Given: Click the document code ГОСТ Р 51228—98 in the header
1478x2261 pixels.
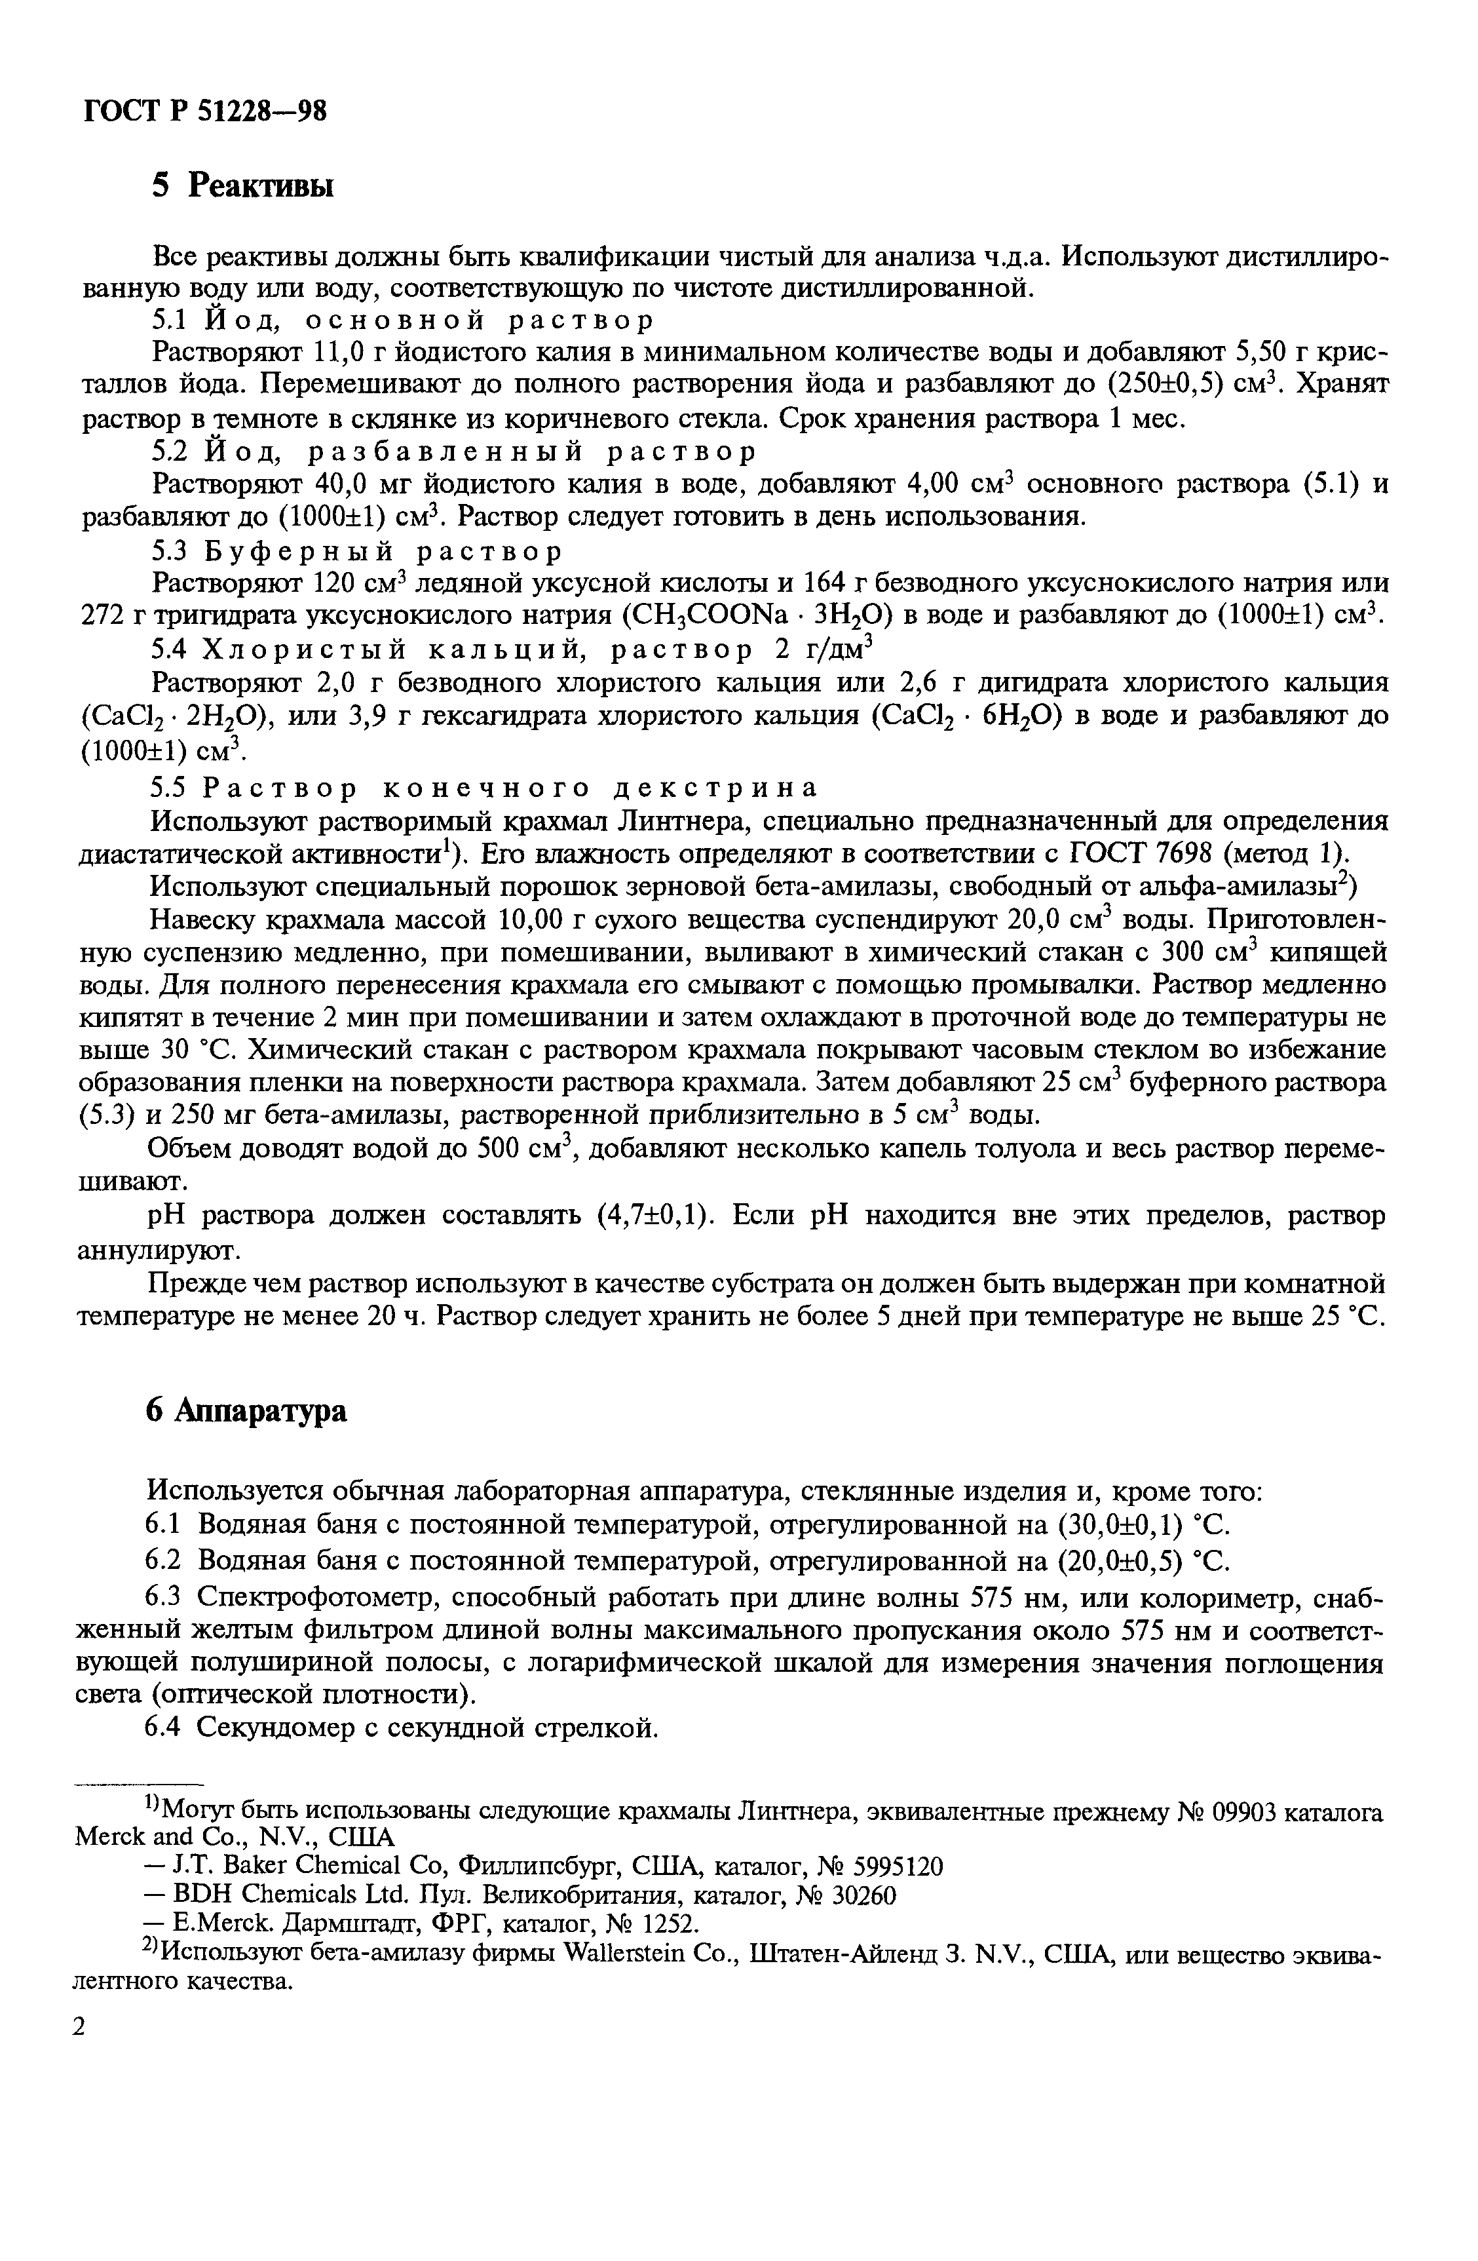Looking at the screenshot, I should pyautogui.click(x=205, y=112).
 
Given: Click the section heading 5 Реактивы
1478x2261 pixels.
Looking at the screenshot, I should pyautogui.click(x=242, y=185).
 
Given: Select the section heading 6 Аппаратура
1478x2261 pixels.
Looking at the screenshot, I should pyautogui.click(x=245, y=1412).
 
